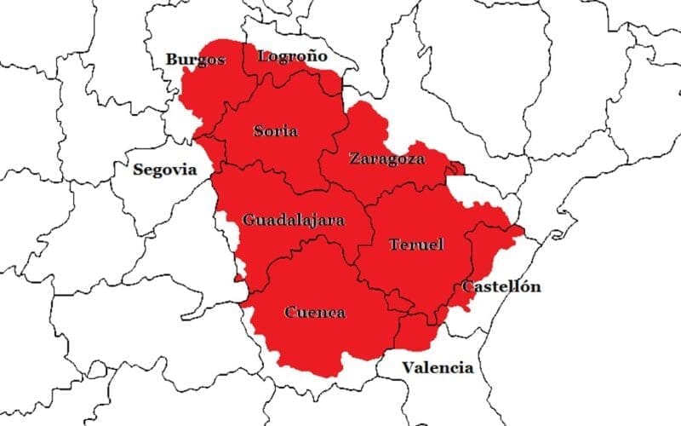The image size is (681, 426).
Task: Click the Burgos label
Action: point(196,60)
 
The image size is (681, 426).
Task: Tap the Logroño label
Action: point(293,56)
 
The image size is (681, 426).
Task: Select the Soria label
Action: point(276,131)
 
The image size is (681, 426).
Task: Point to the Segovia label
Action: point(165,169)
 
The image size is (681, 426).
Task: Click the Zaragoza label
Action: point(386,158)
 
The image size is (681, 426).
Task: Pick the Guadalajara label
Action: point(294,220)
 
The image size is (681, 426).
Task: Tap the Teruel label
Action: point(416,245)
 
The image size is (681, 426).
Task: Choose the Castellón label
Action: point(501,286)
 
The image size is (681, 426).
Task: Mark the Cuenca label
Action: point(314,312)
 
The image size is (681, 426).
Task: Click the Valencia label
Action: point(438,368)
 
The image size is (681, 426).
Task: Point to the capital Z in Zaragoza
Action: point(354,158)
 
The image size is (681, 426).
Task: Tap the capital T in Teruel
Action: point(394,245)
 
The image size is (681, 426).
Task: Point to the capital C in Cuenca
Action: point(289,312)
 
